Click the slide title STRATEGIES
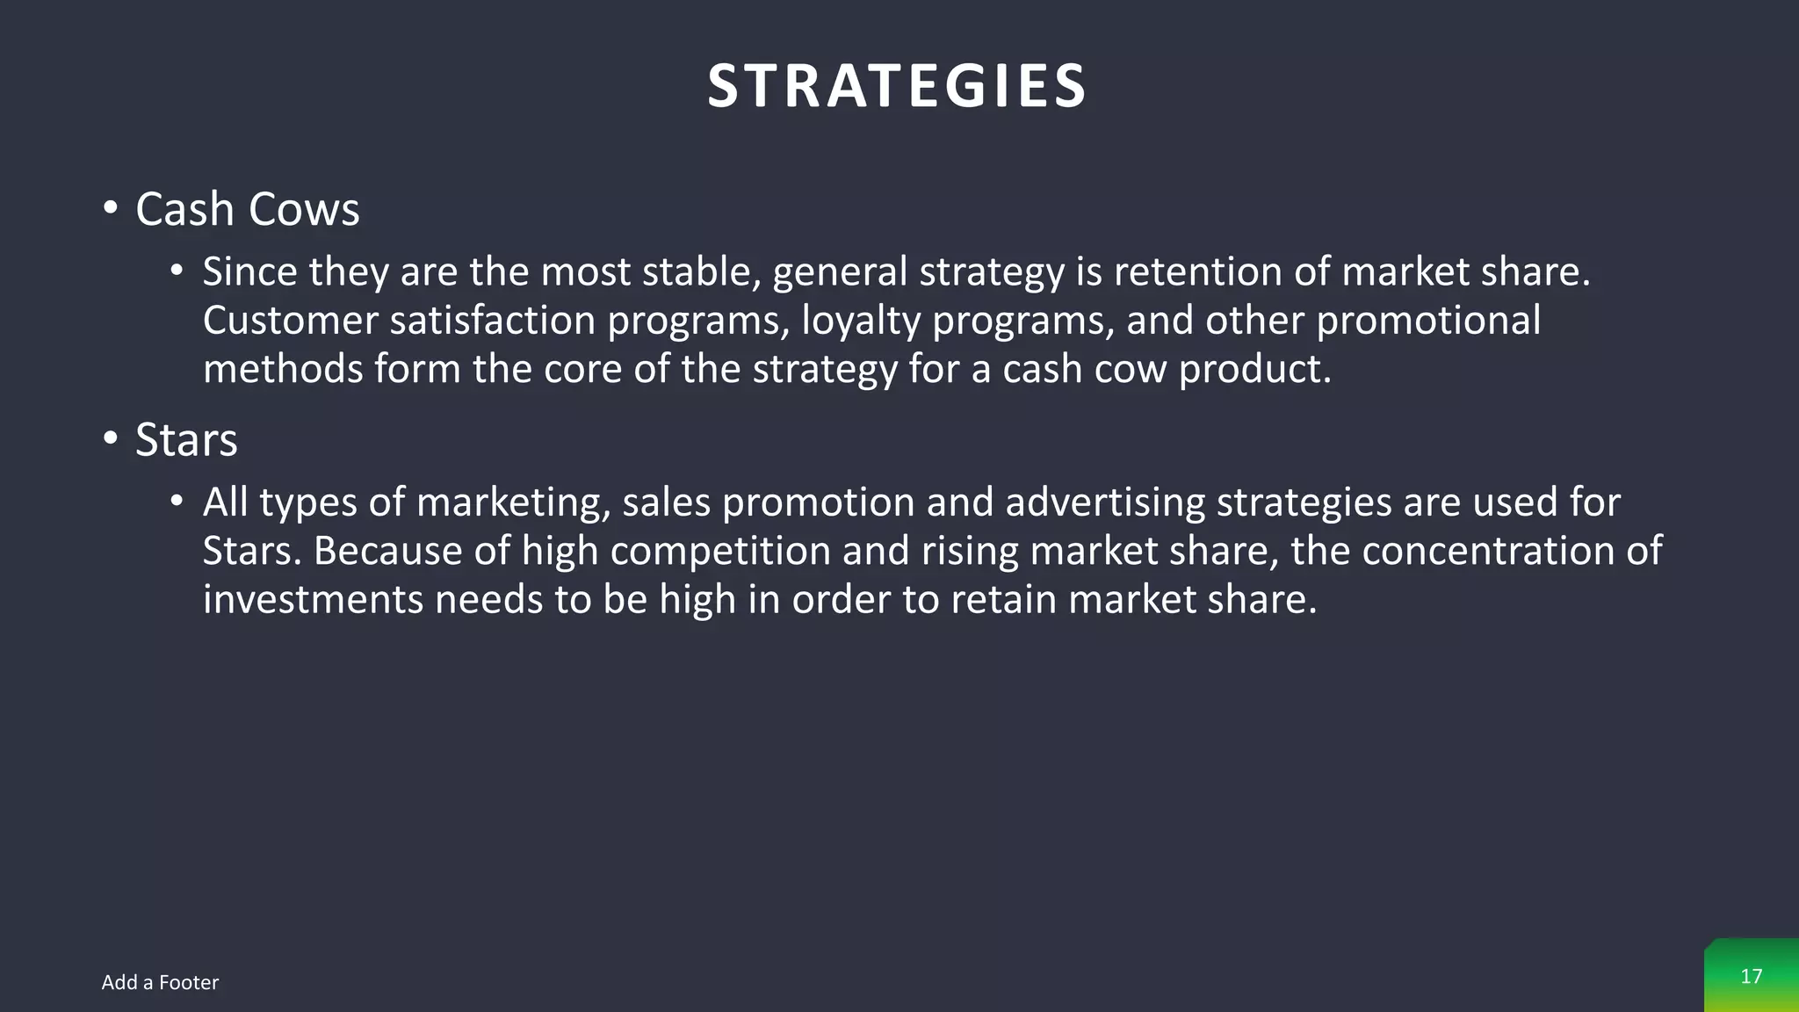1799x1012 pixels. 897,86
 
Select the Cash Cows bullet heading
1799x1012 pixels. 247,209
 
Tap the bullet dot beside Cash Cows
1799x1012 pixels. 110,209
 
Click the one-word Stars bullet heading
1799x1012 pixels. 186,439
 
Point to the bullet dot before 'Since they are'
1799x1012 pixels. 177,271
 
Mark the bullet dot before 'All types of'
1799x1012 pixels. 177,502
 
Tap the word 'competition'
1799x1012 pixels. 720,552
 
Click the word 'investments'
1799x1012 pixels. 313,599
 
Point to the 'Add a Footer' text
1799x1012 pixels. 160,982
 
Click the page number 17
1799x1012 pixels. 1751,976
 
